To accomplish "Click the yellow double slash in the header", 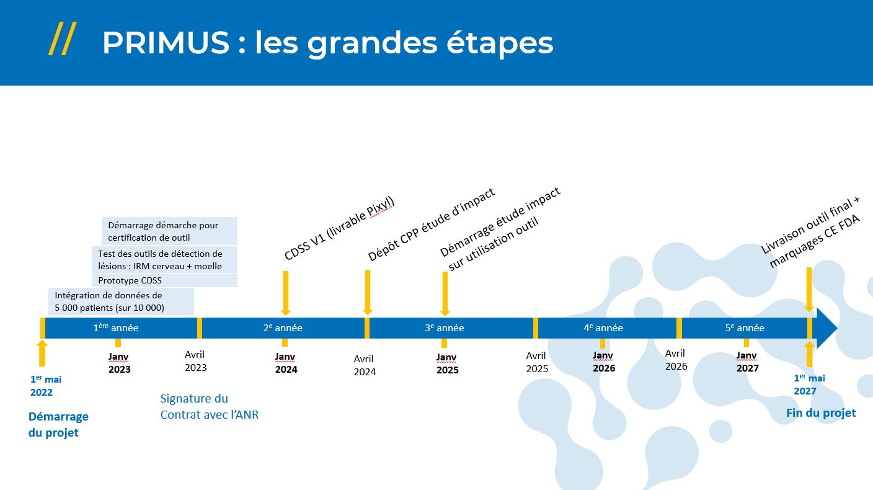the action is click(63, 38).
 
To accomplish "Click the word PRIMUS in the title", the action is click(166, 43).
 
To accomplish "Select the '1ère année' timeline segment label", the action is click(116, 327).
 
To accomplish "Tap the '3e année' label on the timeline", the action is click(445, 328).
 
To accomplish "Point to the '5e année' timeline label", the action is click(745, 328).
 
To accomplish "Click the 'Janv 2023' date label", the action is click(119, 363).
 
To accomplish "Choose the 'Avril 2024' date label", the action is click(365, 365).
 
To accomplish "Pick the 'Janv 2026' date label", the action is click(604, 362).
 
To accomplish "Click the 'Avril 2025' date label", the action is click(537, 362).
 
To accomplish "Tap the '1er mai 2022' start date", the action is click(46, 386).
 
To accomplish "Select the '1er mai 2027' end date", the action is click(810, 385).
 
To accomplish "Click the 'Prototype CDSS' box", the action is click(164, 280).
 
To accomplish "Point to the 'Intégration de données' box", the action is click(121, 301).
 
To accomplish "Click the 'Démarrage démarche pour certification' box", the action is click(169, 231).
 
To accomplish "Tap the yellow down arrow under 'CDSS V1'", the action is click(286, 293).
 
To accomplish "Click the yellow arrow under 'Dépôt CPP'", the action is click(367, 292).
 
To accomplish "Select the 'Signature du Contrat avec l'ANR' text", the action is click(210, 406).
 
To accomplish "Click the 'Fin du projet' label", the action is click(821, 413).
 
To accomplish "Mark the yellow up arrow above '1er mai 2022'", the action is click(42, 353).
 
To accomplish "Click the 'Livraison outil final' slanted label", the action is click(810, 233).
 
